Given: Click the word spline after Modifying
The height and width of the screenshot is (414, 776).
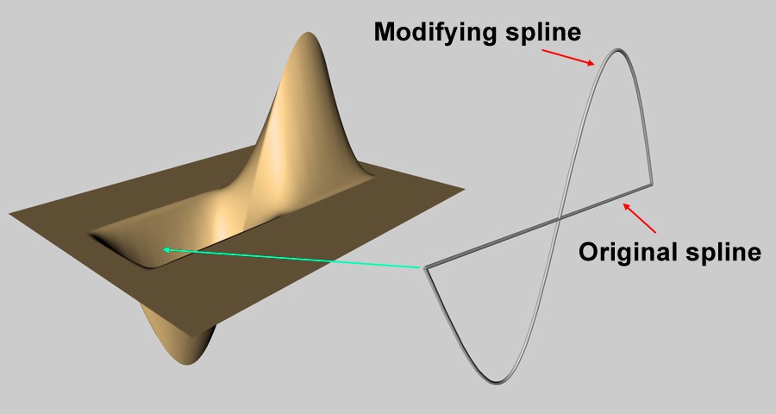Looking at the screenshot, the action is (x=543, y=32).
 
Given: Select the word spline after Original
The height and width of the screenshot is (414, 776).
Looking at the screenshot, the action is (x=723, y=253).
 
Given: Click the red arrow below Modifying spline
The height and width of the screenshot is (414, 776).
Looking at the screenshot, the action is (x=568, y=57).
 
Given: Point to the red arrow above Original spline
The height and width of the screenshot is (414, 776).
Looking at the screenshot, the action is (x=639, y=218).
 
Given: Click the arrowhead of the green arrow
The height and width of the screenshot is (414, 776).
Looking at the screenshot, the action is (x=166, y=249).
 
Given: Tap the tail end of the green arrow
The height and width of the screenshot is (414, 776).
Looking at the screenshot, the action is (x=420, y=267).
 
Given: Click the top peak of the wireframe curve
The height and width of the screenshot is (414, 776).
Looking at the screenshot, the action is (x=617, y=50).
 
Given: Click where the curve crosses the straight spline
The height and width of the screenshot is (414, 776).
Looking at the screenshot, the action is (x=560, y=218).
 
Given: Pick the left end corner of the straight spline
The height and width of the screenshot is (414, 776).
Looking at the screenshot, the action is (x=424, y=268).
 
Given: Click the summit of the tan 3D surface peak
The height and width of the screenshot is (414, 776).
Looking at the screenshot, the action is (x=310, y=34).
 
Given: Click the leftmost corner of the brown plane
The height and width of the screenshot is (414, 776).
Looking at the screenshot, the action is (x=9, y=213).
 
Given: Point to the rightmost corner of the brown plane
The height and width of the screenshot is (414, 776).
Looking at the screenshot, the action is (x=464, y=188).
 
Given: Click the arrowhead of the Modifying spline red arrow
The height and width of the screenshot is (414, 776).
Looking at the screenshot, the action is (x=591, y=63).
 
